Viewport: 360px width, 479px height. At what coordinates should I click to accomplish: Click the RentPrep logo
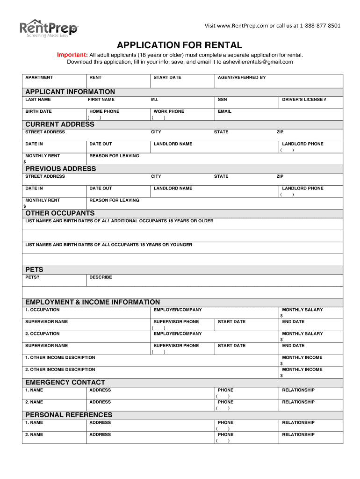point(48,29)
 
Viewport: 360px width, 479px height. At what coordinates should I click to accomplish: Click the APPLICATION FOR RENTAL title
point(180,45)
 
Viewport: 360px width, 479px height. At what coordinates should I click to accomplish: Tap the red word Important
point(72,55)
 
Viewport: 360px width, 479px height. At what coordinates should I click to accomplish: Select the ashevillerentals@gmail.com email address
point(259,62)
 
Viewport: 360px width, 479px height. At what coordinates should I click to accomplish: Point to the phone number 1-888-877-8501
point(320,25)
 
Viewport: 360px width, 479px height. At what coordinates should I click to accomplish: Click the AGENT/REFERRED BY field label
point(242,77)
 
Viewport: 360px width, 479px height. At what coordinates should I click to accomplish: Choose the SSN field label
point(222,100)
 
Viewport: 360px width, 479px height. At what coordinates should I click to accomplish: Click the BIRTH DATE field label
point(38,111)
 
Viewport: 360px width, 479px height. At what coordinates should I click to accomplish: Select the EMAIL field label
point(224,111)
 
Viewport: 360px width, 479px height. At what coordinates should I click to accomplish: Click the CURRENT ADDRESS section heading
point(60,124)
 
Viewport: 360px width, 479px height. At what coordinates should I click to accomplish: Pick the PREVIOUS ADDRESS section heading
point(61,169)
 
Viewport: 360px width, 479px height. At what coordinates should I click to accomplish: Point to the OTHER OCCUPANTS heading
point(60,213)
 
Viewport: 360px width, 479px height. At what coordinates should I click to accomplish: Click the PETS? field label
point(32,277)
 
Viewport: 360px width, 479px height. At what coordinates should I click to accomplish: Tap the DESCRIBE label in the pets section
point(101,277)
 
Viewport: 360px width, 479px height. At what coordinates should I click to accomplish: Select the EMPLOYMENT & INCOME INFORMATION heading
point(93,302)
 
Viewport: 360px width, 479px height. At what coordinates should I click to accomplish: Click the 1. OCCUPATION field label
point(43,310)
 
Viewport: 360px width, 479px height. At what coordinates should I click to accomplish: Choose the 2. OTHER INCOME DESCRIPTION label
point(60,370)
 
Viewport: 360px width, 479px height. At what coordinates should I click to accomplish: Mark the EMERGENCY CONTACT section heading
point(65,383)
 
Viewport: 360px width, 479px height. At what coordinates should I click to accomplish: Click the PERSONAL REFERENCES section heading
point(69,415)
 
